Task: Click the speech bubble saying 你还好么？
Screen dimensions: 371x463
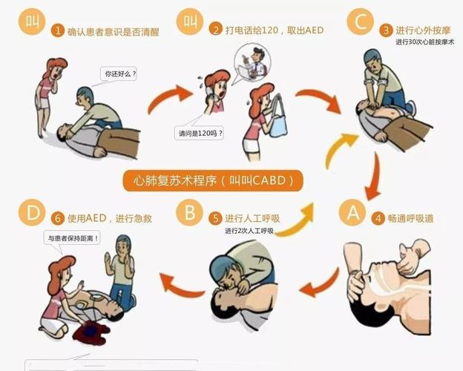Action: coord(121,74)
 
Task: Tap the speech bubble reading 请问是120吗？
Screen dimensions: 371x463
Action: coord(199,134)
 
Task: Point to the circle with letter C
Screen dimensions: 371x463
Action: coord(361,22)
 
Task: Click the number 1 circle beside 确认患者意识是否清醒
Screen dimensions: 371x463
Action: coord(58,31)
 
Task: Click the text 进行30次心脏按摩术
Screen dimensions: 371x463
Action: coord(424,42)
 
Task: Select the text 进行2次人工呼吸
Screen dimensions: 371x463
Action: coord(249,231)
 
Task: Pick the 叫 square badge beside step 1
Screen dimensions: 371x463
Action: coord(30,21)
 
